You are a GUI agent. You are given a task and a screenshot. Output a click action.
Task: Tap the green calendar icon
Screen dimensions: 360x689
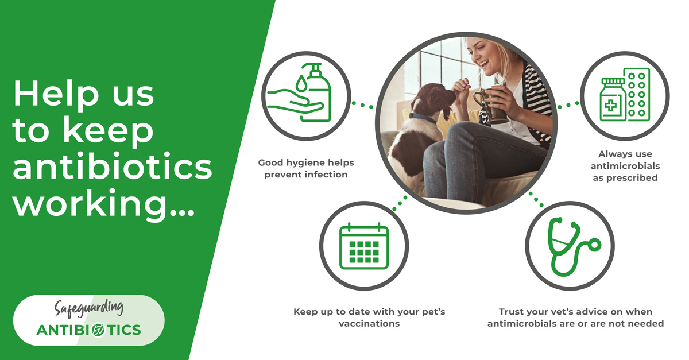click(x=364, y=246)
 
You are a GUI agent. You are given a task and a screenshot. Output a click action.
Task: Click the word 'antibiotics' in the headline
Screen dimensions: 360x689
click(x=113, y=167)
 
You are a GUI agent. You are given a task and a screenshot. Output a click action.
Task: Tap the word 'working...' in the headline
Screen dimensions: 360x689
click(x=103, y=203)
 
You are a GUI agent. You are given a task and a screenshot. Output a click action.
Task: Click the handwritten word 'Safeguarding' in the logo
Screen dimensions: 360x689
click(x=88, y=309)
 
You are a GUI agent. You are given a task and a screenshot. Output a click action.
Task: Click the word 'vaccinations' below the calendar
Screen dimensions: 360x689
click(x=369, y=324)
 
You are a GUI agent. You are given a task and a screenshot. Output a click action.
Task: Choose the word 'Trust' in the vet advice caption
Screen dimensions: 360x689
click(x=512, y=312)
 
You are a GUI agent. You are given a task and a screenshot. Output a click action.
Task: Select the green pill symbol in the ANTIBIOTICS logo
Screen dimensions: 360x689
click(x=98, y=330)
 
